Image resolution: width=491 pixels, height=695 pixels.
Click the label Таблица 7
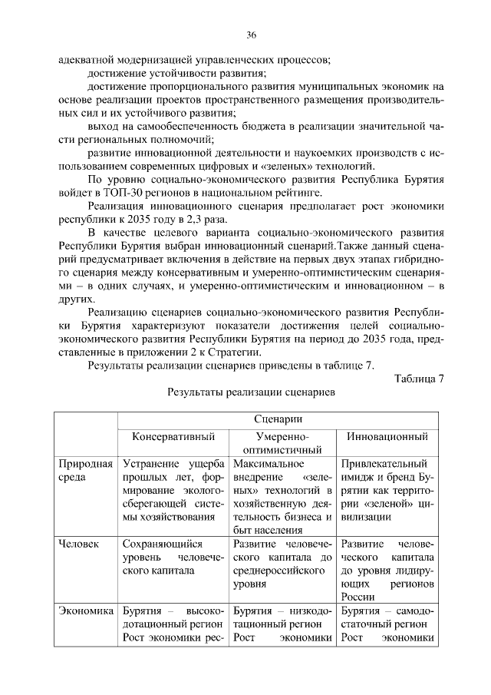(419, 378)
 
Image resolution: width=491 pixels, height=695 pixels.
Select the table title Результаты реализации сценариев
(250, 392)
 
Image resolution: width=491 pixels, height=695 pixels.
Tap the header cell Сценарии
(277, 419)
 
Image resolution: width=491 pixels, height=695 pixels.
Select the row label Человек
(79, 544)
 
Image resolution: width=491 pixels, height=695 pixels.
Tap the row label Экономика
(86, 612)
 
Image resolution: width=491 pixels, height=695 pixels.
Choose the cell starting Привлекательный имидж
(387, 490)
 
